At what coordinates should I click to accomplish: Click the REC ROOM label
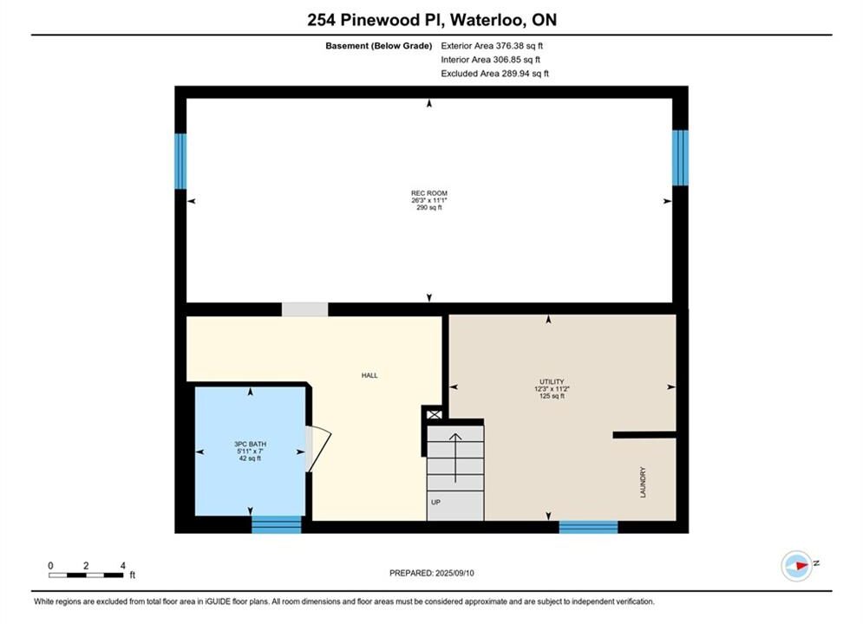point(429,193)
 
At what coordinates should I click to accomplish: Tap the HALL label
point(369,375)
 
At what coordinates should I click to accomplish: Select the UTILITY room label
point(552,381)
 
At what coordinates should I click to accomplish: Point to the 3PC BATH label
point(251,445)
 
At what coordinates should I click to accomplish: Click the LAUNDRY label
point(643,483)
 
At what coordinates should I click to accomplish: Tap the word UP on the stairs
point(436,503)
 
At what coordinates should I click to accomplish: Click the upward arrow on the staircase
point(455,458)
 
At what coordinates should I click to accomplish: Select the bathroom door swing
point(319,449)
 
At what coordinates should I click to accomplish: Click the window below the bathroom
point(277,525)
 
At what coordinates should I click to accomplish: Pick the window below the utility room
point(588,527)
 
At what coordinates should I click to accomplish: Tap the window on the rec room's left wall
point(180,162)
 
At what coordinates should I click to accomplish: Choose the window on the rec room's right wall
point(680,158)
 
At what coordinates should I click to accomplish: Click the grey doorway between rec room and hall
point(305,309)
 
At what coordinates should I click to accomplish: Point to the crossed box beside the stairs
point(435,414)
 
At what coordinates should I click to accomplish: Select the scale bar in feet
point(87,575)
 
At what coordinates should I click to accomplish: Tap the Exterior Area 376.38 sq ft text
point(492,46)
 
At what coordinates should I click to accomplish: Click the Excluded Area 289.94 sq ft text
point(494,74)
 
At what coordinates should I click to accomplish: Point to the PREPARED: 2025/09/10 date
point(432,573)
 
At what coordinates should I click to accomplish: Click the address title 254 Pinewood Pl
point(376,20)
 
